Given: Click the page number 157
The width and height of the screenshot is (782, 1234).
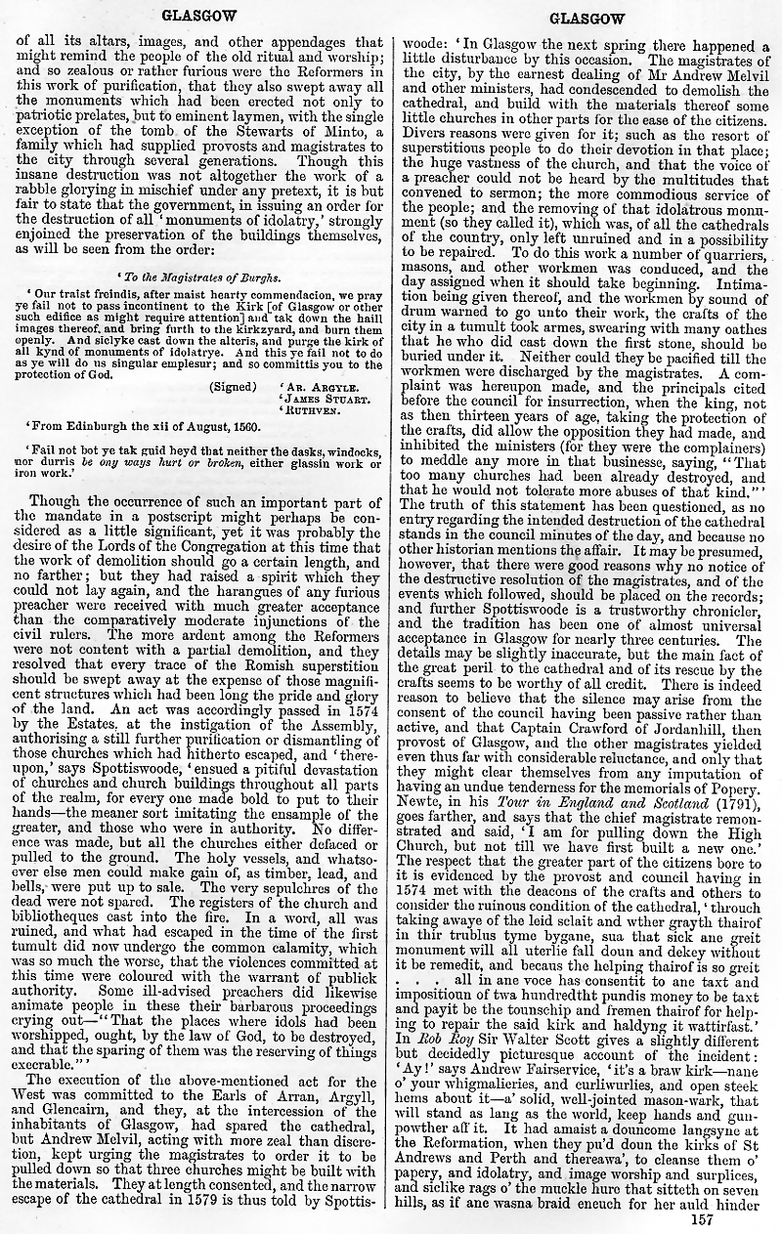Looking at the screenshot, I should point(701,1218).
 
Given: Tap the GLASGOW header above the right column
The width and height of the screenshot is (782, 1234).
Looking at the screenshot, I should point(586,19).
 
